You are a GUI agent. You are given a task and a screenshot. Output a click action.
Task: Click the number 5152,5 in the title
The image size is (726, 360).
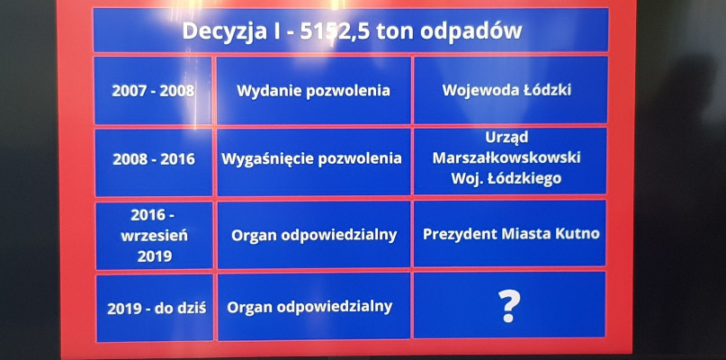coord(335,31)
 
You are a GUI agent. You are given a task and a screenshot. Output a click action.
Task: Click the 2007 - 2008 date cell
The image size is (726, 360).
coord(153,91)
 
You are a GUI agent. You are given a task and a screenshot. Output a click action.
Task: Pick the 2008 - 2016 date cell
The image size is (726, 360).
coord(154,162)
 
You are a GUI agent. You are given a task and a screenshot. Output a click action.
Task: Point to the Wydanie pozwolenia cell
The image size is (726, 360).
coord(313,91)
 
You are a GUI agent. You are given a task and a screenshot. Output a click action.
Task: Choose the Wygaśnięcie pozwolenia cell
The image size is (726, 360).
coord(313,162)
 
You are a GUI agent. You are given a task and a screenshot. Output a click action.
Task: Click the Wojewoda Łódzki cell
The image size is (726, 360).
coord(510,91)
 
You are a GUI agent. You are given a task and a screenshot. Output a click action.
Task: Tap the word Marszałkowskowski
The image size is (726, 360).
coord(506,158)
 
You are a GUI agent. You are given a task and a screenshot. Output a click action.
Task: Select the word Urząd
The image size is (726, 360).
coord(506,138)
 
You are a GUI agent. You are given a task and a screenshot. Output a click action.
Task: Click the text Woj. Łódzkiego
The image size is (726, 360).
coord(506,179)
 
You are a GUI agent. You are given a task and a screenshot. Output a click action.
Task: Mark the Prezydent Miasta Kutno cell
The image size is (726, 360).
coord(510,234)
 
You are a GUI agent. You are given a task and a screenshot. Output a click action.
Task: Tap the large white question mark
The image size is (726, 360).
coord(509,306)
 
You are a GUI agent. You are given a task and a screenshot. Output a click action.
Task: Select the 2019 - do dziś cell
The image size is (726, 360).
coord(155,308)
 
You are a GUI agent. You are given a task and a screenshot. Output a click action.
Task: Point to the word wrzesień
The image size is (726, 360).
coord(155,236)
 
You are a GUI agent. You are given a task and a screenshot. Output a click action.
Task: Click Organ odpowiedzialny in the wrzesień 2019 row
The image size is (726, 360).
coord(314,235)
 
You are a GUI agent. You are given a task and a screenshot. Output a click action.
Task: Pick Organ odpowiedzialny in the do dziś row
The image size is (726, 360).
coord(309,306)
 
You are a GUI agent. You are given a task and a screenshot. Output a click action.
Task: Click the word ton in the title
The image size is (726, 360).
coord(391,31)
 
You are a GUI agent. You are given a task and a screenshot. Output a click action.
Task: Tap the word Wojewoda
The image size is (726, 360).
coord(470,90)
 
